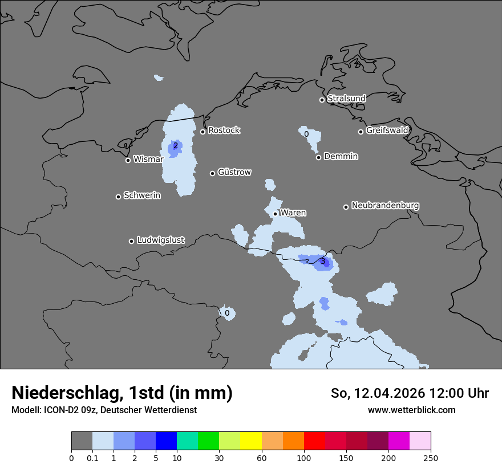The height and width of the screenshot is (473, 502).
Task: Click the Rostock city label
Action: tap(224, 131)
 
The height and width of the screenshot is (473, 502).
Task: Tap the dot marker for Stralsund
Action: tap(322, 100)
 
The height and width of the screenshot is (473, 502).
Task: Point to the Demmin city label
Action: tap(341, 156)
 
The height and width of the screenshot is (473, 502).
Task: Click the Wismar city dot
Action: tap(128, 160)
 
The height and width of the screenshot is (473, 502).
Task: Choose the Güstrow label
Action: tap(234, 172)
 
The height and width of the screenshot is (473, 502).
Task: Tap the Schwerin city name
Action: tap(142, 195)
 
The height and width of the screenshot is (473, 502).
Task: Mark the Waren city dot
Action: tap(275, 214)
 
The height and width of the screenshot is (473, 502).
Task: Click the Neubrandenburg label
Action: tap(385, 205)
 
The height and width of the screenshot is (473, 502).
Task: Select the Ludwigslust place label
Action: tap(160, 240)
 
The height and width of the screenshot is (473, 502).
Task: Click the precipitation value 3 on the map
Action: tap(322, 262)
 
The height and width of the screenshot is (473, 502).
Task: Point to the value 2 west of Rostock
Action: tap(175, 145)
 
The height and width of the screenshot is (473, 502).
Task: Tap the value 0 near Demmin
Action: tap(306, 134)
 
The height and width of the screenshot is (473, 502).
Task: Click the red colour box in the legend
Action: tap(314, 441)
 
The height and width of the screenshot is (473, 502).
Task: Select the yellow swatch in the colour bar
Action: tap(250, 441)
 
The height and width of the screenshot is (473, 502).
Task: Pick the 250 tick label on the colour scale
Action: tap(431, 458)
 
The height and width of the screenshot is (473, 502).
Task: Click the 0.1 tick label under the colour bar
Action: tap(92, 458)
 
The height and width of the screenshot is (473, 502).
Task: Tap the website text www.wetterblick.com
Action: tap(411, 410)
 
